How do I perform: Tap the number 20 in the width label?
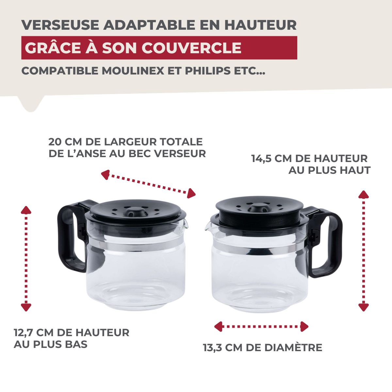(55, 142)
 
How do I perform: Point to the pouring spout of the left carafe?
(186, 224)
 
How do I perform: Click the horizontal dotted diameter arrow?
(261, 326)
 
